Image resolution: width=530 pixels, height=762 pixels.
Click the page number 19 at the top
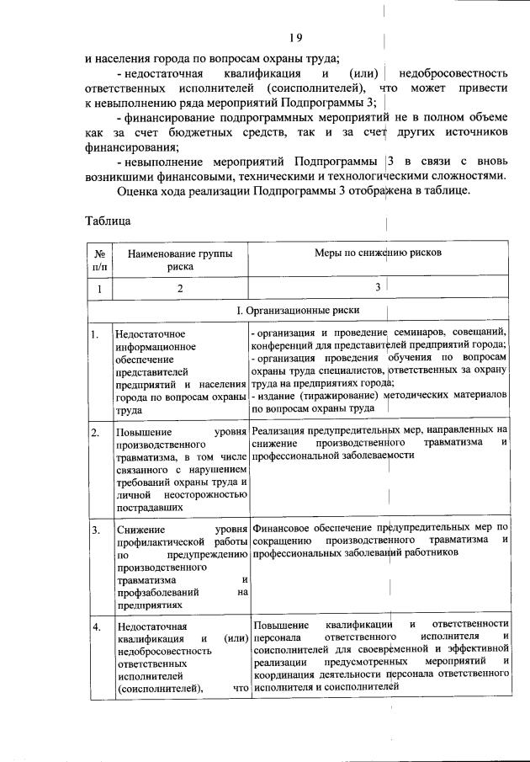[295, 37]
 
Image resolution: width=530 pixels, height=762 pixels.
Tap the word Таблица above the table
[108, 222]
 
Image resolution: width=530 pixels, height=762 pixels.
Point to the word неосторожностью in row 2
[205, 497]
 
